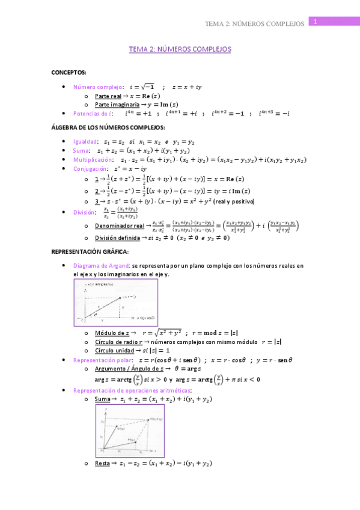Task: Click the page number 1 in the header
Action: click(x=314, y=22)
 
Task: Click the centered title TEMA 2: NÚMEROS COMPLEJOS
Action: click(x=180, y=49)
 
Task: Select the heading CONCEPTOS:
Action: click(x=69, y=72)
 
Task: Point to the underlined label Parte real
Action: click(x=108, y=96)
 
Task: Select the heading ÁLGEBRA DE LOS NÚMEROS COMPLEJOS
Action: click(x=108, y=127)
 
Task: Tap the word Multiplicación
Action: click(x=93, y=159)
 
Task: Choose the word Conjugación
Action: click(x=90, y=169)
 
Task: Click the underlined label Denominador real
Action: click(x=118, y=226)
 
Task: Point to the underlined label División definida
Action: click(x=117, y=238)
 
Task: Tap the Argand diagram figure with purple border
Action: click(x=115, y=302)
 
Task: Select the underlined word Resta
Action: click(x=102, y=464)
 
